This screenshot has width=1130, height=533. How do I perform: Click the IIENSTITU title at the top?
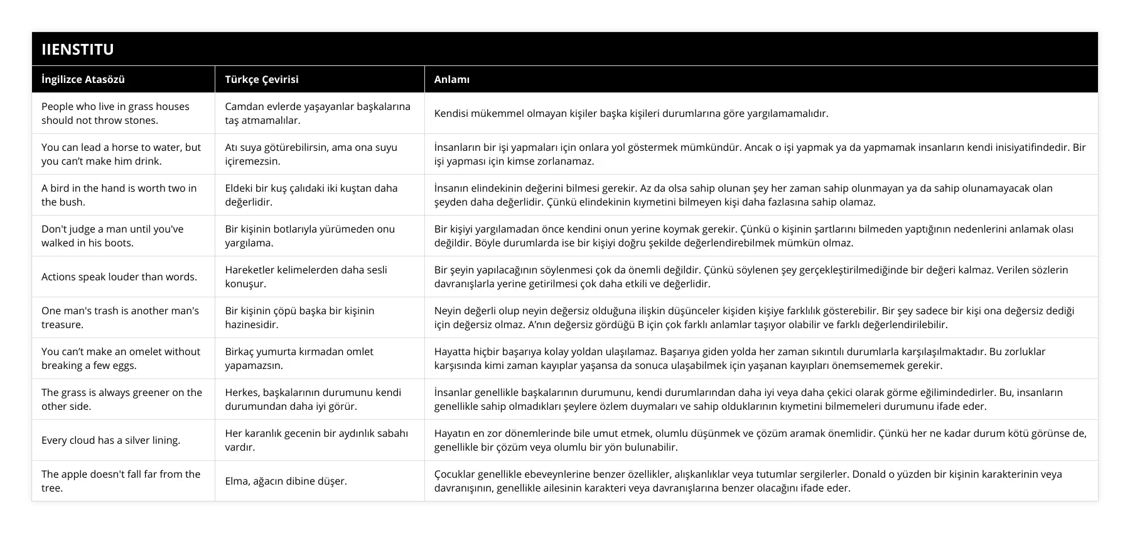click(78, 50)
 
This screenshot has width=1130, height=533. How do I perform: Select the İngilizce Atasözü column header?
click(83, 79)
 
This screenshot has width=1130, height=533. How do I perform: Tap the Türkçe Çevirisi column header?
click(261, 79)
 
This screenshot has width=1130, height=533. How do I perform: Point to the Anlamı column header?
click(452, 79)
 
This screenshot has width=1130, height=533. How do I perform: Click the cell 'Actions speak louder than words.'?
click(119, 277)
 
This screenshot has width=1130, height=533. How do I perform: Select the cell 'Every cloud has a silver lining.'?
click(111, 440)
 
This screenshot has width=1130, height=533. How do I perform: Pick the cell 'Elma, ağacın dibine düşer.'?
click(286, 481)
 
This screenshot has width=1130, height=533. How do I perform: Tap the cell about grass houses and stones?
click(116, 113)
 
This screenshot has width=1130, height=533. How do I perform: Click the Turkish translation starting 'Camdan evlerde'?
click(318, 113)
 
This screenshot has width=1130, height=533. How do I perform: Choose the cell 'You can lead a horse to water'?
click(121, 154)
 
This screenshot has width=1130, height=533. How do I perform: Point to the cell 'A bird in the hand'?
click(119, 195)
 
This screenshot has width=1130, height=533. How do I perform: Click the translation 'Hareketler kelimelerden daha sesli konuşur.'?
click(306, 277)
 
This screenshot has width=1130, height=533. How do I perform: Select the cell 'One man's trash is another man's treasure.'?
click(120, 317)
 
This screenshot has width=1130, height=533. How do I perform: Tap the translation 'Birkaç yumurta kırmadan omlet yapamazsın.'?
click(299, 358)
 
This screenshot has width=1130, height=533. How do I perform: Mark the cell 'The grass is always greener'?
click(122, 399)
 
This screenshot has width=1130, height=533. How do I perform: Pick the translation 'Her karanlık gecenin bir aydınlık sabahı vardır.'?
click(316, 440)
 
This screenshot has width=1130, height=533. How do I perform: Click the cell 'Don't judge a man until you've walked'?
click(112, 236)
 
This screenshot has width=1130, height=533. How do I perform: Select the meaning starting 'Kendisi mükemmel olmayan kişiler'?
click(631, 114)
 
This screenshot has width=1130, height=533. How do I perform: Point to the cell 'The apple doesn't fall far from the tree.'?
click(121, 481)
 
